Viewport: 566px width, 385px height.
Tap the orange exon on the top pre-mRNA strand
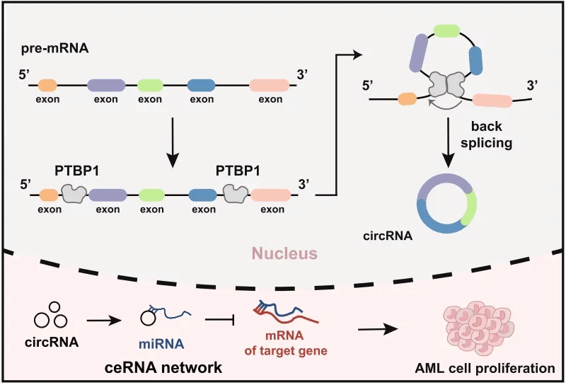(x=47, y=85)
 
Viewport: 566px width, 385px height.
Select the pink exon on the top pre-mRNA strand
(x=270, y=85)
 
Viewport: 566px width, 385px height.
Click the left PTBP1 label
(x=76, y=172)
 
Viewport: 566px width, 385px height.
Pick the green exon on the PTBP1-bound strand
(x=151, y=195)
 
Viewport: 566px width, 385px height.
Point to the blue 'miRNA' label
(x=153, y=346)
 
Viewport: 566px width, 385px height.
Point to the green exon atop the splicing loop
(x=444, y=30)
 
